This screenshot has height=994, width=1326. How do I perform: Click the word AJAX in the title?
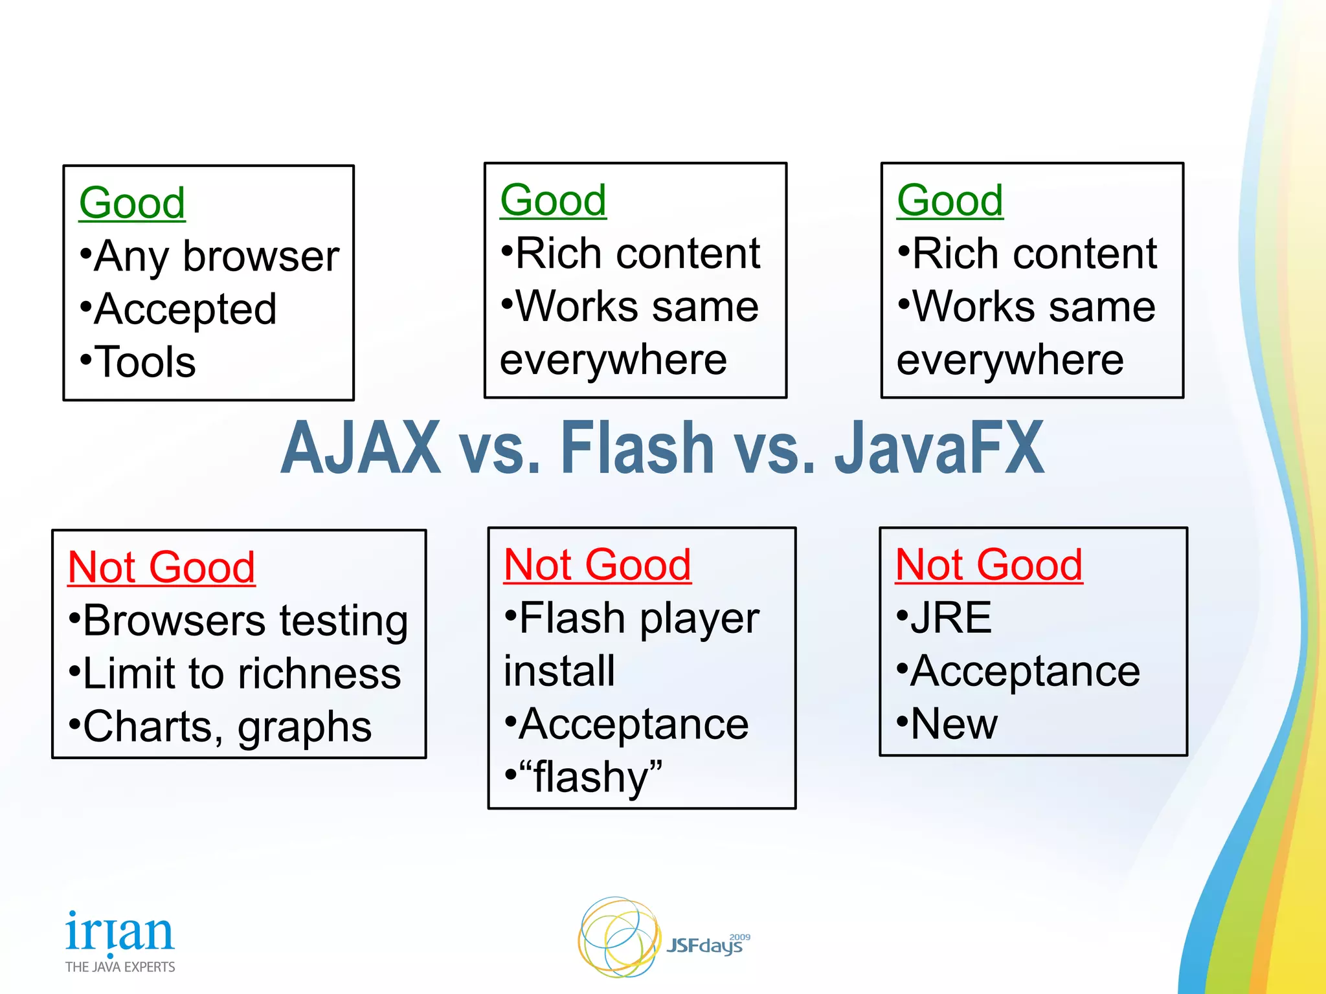tap(361, 448)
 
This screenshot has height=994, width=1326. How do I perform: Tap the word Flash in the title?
tap(637, 448)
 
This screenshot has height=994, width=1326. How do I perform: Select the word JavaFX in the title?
tap(939, 448)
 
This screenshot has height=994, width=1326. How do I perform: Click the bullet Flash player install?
tap(631, 644)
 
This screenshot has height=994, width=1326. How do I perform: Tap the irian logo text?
tap(120, 932)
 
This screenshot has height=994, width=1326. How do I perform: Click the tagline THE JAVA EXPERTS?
tap(120, 967)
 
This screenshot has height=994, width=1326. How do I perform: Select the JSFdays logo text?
tap(704, 946)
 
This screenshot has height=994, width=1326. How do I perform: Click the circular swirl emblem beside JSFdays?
tap(618, 937)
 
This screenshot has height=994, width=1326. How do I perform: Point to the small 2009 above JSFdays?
tap(739, 937)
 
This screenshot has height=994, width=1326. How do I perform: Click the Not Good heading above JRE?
tap(989, 564)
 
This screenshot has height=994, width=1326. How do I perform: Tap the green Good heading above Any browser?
tap(132, 203)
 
